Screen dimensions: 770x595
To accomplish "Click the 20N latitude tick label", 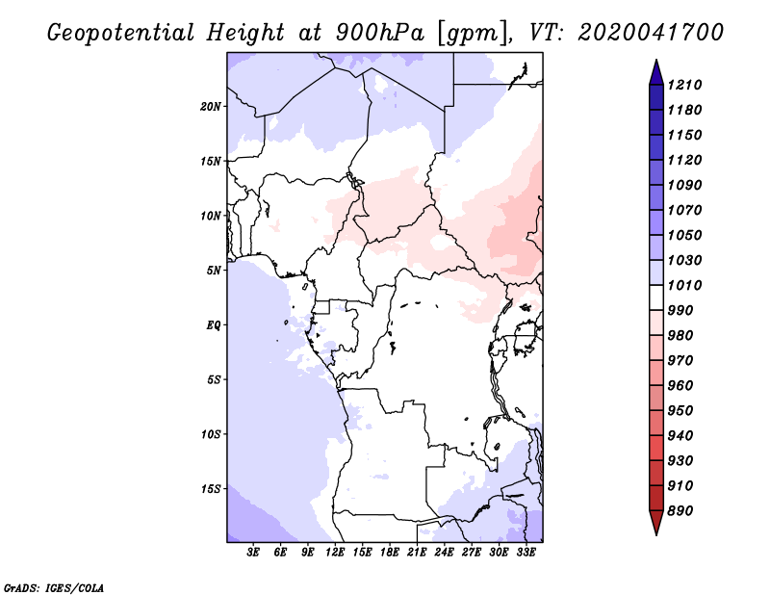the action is pyautogui.click(x=211, y=107).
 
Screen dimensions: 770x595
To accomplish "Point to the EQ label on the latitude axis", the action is pyautogui.click(x=214, y=325).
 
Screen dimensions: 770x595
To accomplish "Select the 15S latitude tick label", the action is pyautogui.click(x=211, y=489).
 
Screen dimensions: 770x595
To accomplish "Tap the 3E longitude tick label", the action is pyautogui.click(x=253, y=553).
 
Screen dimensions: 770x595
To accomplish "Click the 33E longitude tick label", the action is pyautogui.click(x=526, y=553).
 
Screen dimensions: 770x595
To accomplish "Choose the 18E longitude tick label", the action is pyautogui.click(x=390, y=553).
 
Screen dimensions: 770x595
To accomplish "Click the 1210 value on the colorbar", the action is pyautogui.click(x=684, y=85).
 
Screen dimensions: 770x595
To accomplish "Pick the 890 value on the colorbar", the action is pyautogui.click(x=680, y=511).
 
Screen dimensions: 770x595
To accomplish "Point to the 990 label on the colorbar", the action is pyautogui.click(x=680, y=311).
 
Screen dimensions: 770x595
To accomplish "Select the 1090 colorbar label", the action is pyautogui.click(x=684, y=185).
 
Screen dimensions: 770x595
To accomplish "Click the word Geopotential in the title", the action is pyautogui.click(x=121, y=34).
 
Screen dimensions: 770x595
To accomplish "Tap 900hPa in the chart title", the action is pyautogui.click(x=379, y=33).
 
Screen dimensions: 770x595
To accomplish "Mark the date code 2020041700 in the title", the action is pyautogui.click(x=651, y=33).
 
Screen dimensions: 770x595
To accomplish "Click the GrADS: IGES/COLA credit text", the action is pyautogui.click(x=54, y=588).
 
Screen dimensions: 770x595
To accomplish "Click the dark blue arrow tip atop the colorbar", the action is pyautogui.click(x=656, y=60).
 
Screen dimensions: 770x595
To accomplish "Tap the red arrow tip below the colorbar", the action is pyautogui.click(x=656, y=533).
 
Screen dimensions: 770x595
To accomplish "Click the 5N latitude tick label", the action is pyautogui.click(x=214, y=271).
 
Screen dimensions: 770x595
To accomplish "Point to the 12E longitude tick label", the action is pyautogui.click(x=335, y=553).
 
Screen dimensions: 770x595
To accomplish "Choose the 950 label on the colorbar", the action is pyautogui.click(x=680, y=411).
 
